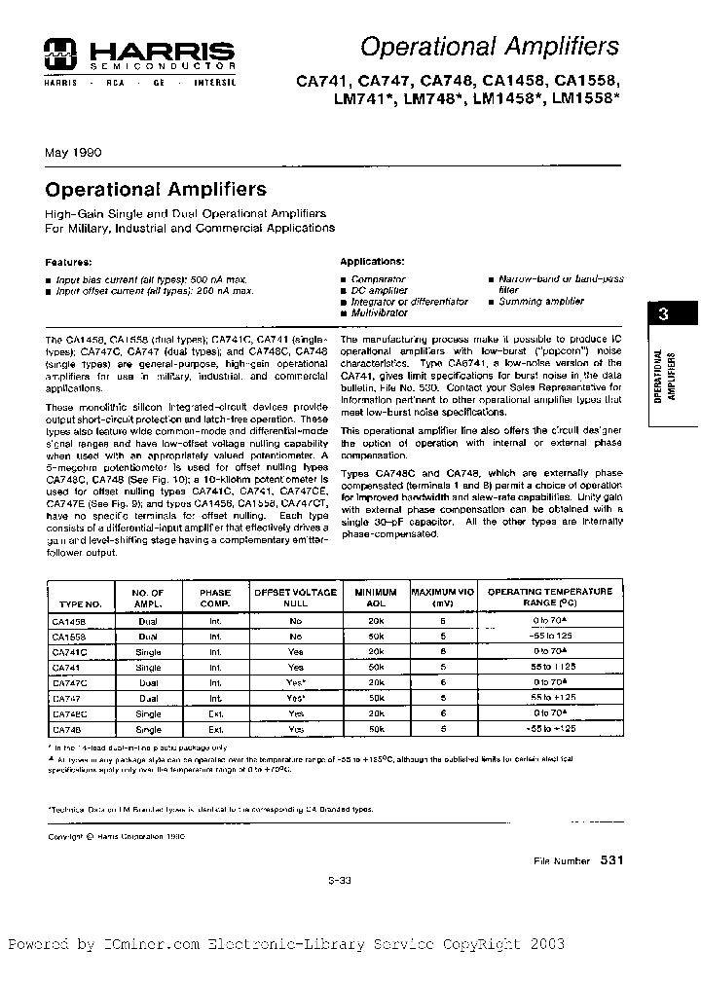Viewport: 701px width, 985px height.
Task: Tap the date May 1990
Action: pyautogui.click(x=73, y=152)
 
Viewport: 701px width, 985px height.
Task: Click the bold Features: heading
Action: pyautogui.click(x=69, y=262)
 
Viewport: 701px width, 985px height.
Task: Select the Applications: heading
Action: pyautogui.click(x=372, y=262)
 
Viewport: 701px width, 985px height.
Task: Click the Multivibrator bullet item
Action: pyautogui.click(x=381, y=313)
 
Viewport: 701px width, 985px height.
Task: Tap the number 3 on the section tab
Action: pyautogui.click(x=664, y=314)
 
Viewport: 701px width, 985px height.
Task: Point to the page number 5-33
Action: pyautogui.click(x=339, y=880)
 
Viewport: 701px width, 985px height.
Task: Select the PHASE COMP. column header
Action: pyautogui.click(x=214, y=597)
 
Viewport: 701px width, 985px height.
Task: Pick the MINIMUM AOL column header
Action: pyautogui.click(x=376, y=597)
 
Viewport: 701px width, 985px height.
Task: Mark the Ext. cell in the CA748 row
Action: pyautogui.click(x=214, y=729)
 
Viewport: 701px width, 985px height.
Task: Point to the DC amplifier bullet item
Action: pyautogui.click(x=380, y=290)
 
